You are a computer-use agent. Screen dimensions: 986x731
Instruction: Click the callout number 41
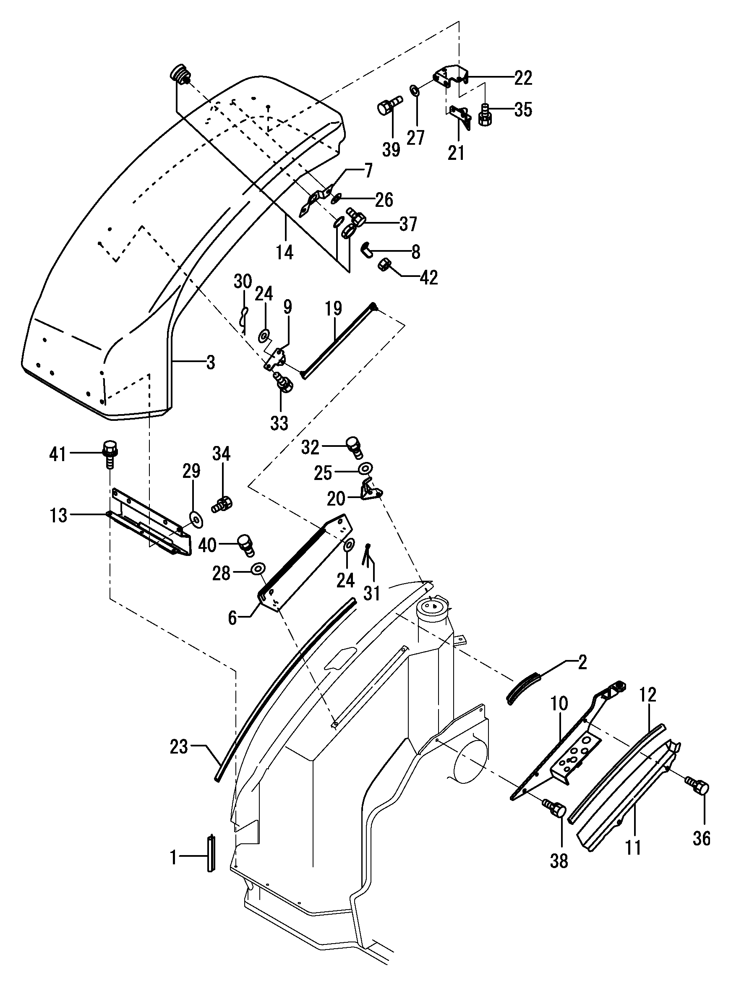[57, 454]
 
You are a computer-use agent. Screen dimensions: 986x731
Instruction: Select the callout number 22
[523, 78]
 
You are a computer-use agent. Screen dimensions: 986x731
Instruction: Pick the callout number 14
[285, 253]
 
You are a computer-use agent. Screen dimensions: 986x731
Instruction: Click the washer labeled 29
[195, 519]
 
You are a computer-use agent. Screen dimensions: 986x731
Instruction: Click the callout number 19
[333, 308]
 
